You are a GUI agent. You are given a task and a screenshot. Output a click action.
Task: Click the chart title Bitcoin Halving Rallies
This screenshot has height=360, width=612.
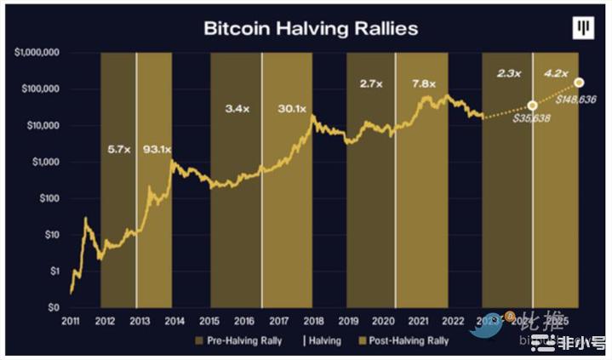tap(311, 28)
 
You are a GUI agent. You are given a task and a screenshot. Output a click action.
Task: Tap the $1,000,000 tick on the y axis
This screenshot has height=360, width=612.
tap(37, 53)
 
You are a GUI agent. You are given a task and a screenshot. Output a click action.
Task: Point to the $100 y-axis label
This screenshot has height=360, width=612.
tap(47, 198)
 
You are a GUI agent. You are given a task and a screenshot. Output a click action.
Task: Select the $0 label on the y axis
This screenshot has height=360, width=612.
tap(52, 307)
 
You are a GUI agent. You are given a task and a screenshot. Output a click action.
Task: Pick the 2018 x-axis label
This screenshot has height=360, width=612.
tap(314, 321)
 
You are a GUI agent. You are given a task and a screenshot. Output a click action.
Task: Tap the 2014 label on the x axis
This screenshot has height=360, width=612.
tap(174, 321)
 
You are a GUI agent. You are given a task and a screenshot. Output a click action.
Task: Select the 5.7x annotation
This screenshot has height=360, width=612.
tap(118, 150)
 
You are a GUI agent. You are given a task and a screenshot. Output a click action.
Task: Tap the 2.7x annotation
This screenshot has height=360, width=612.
tap(370, 84)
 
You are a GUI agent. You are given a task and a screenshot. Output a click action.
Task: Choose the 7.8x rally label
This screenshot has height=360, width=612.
tap(423, 84)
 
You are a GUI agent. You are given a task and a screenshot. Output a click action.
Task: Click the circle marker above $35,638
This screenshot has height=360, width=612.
tap(533, 106)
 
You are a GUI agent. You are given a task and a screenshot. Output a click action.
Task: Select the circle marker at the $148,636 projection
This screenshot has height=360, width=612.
tap(580, 83)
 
